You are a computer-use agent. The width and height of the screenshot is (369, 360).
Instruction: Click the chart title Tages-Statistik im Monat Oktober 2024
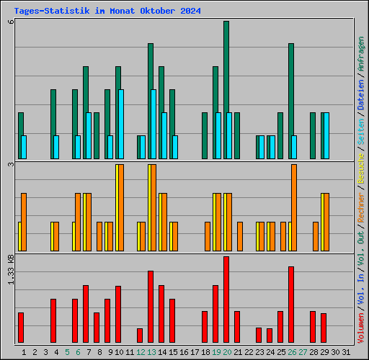coord(107,12)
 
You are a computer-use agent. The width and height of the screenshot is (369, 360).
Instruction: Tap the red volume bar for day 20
coord(226,300)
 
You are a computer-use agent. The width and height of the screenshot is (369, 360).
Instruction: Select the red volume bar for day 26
coord(291,305)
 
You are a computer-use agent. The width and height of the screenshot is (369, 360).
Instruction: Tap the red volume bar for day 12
coord(140,336)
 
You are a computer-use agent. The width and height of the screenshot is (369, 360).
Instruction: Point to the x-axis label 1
coord(24,351)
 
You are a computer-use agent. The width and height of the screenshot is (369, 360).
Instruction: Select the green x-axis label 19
coord(216,351)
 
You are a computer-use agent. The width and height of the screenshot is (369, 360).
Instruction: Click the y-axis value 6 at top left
coord(11,22)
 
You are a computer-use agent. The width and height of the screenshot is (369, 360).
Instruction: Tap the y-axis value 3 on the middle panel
coord(11,165)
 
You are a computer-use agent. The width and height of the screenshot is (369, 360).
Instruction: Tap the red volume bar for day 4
coord(53,321)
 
